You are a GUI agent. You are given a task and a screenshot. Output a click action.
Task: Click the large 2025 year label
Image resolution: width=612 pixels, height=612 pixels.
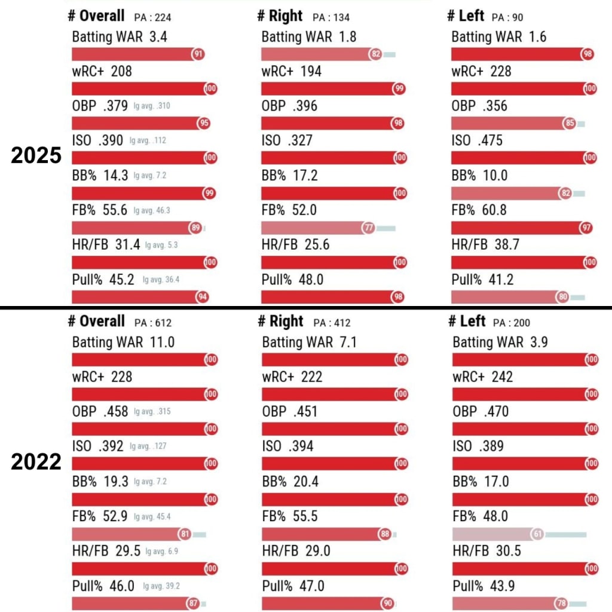click(x=36, y=155)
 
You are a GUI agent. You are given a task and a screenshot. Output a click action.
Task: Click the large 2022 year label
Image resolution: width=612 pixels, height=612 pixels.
click(x=36, y=462)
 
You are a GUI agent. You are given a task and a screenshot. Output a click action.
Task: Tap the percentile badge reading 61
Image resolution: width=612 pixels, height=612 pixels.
click(x=537, y=534)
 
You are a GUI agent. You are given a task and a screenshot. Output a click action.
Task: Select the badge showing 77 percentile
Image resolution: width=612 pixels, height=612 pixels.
click(x=369, y=228)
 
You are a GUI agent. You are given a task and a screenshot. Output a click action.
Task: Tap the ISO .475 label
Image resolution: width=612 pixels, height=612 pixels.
click(x=477, y=140)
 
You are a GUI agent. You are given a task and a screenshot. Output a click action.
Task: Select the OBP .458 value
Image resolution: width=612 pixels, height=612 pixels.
click(x=115, y=412)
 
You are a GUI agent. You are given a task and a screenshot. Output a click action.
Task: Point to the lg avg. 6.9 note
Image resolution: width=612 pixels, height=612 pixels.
click(x=161, y=550)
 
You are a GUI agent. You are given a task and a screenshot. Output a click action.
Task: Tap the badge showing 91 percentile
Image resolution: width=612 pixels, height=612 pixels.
click(x=198, y=54)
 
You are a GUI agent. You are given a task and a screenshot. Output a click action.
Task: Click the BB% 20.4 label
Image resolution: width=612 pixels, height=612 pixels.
click(x=292, y=481)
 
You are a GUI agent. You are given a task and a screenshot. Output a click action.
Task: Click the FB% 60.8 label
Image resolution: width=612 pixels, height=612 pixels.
click(x=479, y=210)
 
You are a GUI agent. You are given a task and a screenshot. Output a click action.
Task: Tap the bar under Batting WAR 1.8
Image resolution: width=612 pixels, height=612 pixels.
click(x=317, y=54)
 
